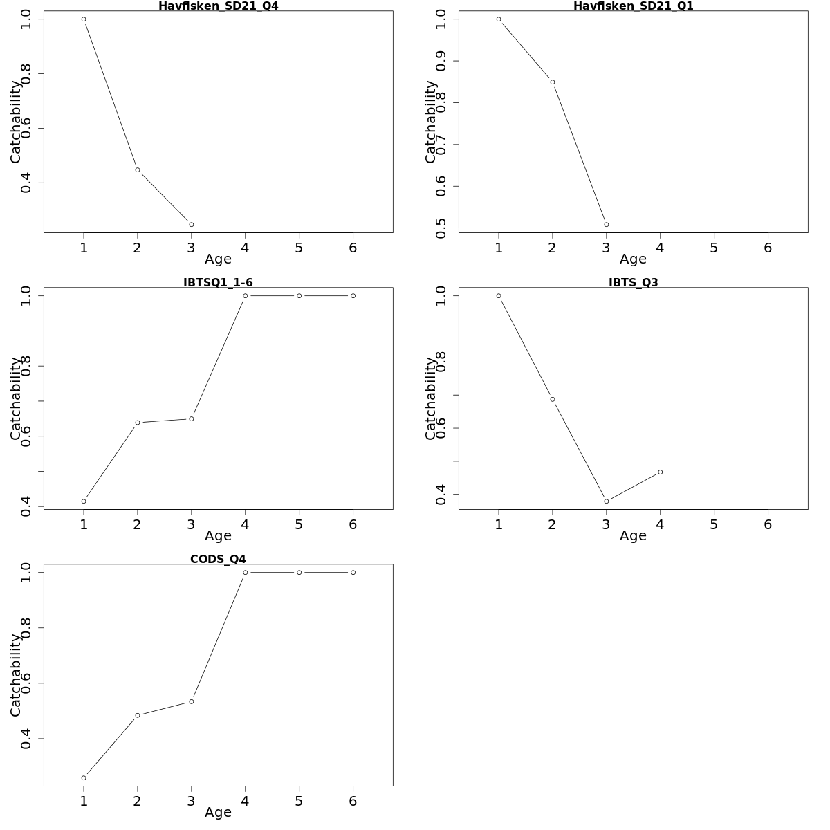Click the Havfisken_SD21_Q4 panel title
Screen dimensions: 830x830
tap(218, 6)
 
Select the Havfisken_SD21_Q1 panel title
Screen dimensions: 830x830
tap(633, 6)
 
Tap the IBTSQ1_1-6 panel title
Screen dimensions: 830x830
tap(218, 282)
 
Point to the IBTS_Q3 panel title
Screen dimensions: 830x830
tap(633, 282)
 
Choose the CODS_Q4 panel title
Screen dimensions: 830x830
tap(218, 559)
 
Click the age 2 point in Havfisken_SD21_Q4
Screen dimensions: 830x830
tap(138, 169)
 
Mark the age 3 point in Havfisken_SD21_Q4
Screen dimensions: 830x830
tap(192, 225)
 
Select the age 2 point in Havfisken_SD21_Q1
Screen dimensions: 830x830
tap(553, 82)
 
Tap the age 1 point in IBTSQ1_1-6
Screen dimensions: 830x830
tap(84, 501)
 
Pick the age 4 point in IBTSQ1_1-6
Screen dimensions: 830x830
tap(246, 296)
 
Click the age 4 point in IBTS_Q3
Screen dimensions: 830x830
tap(661, 472)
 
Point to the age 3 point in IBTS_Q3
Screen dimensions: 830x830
tap(607, 501)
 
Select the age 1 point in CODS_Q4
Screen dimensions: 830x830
tap(84, 778)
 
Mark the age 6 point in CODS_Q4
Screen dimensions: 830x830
tap(353, 573)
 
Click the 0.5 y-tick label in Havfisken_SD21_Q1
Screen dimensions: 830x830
tap(441, 228)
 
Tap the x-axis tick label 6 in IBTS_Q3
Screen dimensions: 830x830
tap(768, 524)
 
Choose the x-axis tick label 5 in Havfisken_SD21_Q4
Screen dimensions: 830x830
tap(299, 248)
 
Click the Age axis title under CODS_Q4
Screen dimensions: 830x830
tap(218, 813)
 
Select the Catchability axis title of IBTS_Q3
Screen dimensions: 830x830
tap(431, 398)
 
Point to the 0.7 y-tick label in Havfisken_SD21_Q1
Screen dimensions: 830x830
tap(441, 145)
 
